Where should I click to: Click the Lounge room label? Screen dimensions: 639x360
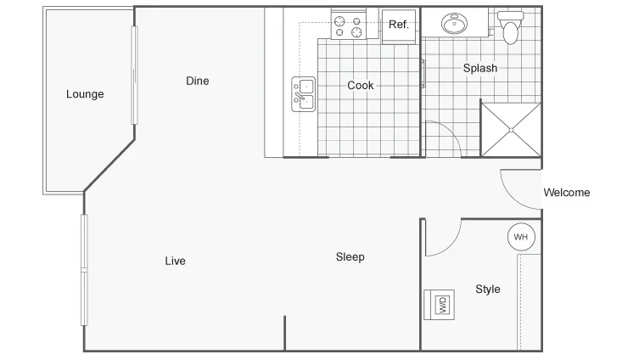pyautogui.click(x=85, y=94)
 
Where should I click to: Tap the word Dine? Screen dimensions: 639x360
pyautogui.click(x=197, y=81)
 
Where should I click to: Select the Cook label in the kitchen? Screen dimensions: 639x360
pyautogui.click(x=361, y=85)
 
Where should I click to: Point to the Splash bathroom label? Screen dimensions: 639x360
pyautogui.click(x=480, y=68)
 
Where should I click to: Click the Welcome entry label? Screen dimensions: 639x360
pyautogui.click(x=567, y=193)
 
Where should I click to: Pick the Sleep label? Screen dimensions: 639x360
pyautogui.click(x=350, y=257)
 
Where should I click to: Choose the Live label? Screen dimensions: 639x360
pyautogui.click(x=175, y=261)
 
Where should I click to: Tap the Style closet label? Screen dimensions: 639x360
pyautogui.click(x=488, y=289)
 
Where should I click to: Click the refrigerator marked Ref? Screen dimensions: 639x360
pyautogui.click(x=399, y=26)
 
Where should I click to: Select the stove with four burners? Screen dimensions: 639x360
pyautogui.click(x=349, y=25)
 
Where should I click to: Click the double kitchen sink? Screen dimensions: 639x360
pyautogui.click(x=304, y=93)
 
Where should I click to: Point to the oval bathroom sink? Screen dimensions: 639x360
pyautogui.click(x=454, y=23)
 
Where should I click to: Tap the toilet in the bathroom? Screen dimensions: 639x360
pyautogui.click(x=511, y=27)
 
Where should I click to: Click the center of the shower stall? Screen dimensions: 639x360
pyautogui.click(x=511, y=130)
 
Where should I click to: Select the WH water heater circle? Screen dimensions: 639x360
pyautogui.click(x=521, y=237)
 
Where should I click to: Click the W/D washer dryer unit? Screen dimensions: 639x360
pyautogui.click(x=440, y=305)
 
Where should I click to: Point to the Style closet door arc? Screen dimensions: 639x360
pyautogui.click(x=453, y=245)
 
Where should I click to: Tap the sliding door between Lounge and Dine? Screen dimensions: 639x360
pyautogui.click(x=134, y=76)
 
